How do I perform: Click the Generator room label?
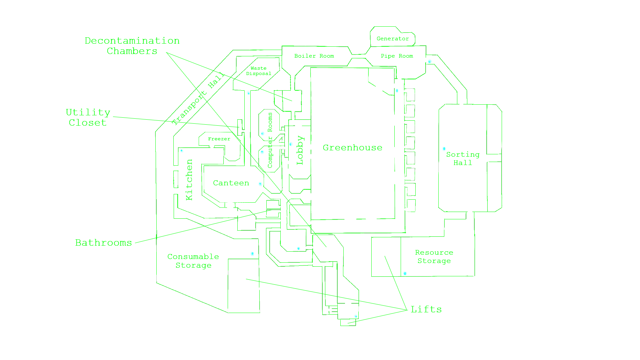pos(393,39)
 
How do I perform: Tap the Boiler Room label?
pos(314,56)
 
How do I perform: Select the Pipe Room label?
pos(397,56)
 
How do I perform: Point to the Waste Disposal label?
pos(259,71)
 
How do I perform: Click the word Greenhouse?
pos(352,148)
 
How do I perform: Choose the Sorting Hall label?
pos(463,159)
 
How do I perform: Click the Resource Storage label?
pos(434,257)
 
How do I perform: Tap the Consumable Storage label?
pos(193,261)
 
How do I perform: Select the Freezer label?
pos(219,139)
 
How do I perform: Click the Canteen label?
pos(231,183)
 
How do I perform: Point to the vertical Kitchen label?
pos(189,180)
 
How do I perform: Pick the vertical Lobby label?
pos(300,150)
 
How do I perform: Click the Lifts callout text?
pos(426,309)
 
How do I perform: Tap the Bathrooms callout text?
pos(103,243)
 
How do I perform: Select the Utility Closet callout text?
pos(88,117)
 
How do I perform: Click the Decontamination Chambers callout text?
pos(132,46)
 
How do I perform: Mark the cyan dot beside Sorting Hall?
pos(444,149)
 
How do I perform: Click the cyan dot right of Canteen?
pos(260,184)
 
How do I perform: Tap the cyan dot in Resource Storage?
pos(405,273)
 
